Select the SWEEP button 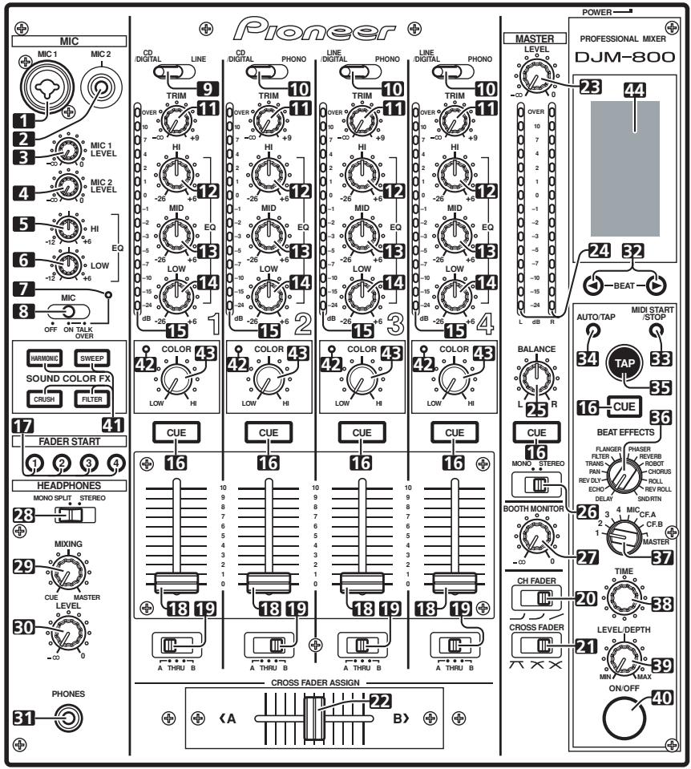pos(95,358)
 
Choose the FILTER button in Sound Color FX pos(95,396)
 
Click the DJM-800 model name pos(622,59)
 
